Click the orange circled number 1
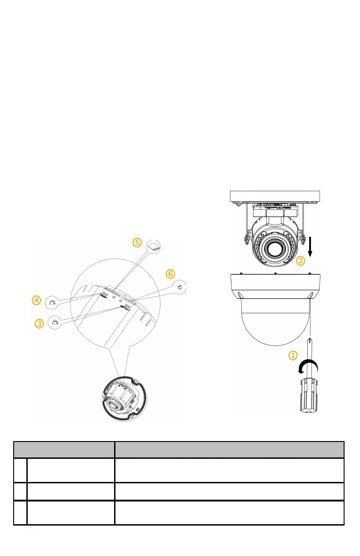click(x=294, y=355)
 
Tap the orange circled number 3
click(x=40, y=323)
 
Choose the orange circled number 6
click(x=170, y=274)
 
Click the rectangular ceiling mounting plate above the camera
click(x=275, y=197)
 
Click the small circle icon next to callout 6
click(x=180, y=287)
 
